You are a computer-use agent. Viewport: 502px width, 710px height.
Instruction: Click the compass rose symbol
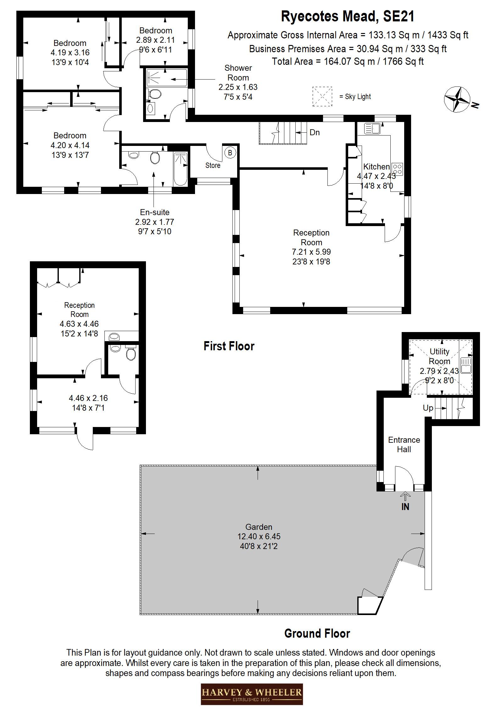(457, 99)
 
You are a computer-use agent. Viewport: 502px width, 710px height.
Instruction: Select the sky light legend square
(322, 97)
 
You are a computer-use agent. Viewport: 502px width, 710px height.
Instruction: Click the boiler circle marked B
(230, 153)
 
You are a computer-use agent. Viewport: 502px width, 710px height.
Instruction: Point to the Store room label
(213, 165)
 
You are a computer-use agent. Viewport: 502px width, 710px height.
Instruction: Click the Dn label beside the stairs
(315, 132)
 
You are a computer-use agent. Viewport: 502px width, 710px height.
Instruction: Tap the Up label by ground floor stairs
(428, 408)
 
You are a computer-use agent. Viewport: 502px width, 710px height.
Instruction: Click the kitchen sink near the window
(372, 128)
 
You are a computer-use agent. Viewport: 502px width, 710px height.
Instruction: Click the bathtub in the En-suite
(181, 169)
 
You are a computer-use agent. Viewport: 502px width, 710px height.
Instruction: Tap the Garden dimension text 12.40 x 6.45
(259, 536)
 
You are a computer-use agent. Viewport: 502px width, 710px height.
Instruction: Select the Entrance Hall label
(404, 444)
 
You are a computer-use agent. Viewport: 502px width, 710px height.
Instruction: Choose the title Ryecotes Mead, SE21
(348, 16)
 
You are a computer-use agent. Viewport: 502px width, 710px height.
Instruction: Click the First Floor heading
(229, 346)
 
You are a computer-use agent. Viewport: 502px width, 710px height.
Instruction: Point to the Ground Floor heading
(317, 633)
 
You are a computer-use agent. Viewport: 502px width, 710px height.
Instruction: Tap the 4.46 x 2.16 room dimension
(88, 398)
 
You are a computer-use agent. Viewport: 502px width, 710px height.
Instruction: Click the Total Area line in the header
(348, 61)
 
